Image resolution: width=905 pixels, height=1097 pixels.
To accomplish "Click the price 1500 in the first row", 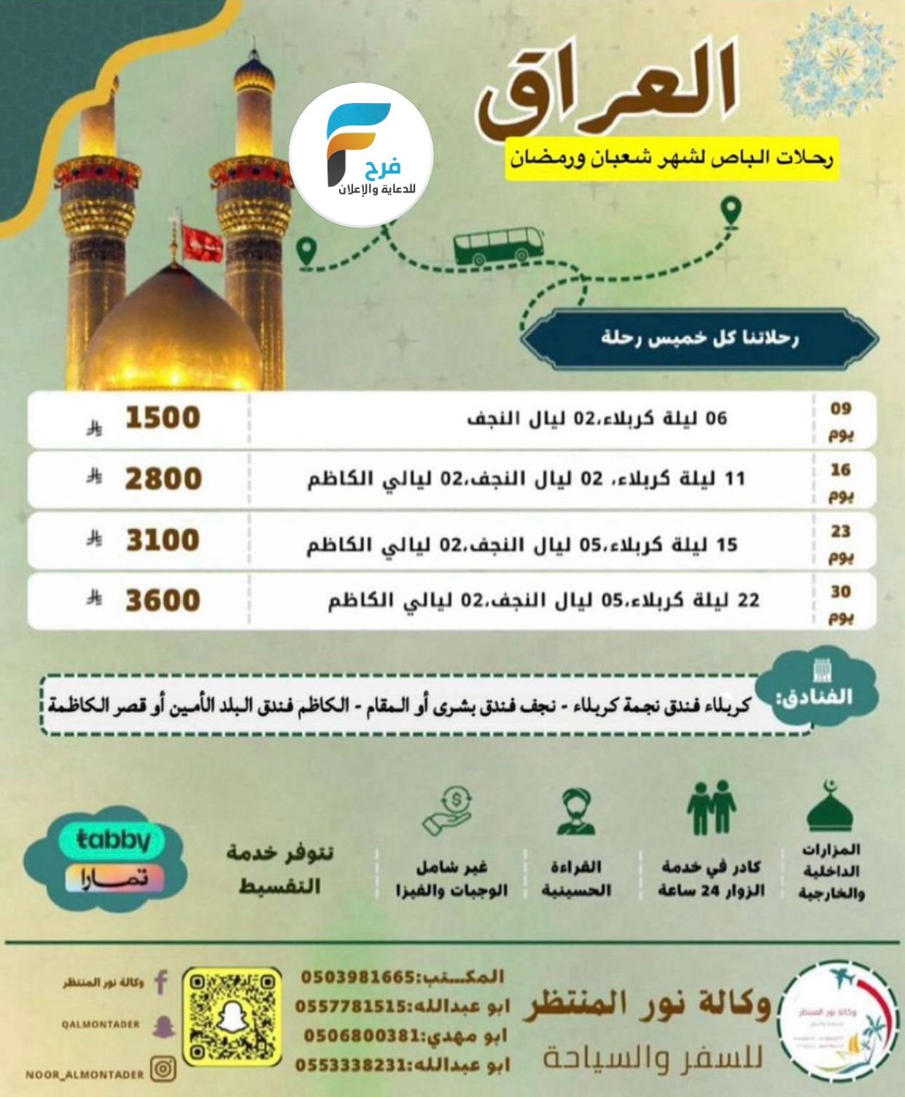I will click(x=163, y=418).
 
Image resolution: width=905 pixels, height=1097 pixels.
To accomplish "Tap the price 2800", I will click(x=163, y=480).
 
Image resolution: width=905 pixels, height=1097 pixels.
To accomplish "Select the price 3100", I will click(x=163, y=540).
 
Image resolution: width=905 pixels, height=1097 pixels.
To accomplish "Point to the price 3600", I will click(x=163, y=601).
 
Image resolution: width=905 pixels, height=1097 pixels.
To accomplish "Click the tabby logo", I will click(x=112, y=840).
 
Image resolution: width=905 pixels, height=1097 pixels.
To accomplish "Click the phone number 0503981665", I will click(x=358, y=977).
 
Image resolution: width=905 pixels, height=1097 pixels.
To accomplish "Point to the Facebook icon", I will click(x=161, y=982).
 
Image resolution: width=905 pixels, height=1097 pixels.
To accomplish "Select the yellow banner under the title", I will click(x=672, y=158).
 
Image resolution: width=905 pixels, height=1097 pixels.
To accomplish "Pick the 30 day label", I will click(x=841, y=603).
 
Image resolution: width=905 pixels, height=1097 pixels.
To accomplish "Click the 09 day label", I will click(x=841, y=420).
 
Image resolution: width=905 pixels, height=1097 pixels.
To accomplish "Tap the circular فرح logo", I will click(x=362, y=155).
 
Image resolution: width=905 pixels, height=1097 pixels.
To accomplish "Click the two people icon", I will click(x=711, y=807).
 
